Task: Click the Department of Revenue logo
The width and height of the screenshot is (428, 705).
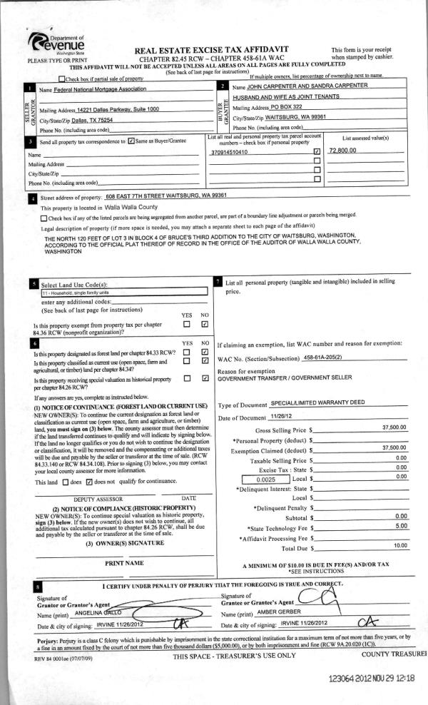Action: click(x=58, y=43)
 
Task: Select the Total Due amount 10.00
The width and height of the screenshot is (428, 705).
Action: click(x=399, y=546)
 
